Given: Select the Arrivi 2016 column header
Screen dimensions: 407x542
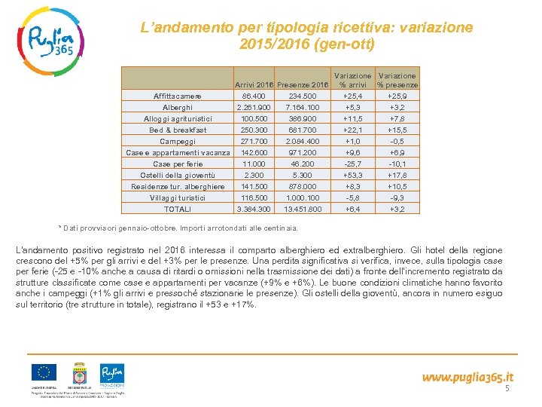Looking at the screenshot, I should tap(254, 85).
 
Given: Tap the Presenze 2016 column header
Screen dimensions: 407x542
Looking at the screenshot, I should tap(303, 85).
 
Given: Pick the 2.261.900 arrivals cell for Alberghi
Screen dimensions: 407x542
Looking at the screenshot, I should tap(254, 108).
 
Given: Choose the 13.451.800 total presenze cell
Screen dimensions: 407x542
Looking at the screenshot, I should tap(303, 209).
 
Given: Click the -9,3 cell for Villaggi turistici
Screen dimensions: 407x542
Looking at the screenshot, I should tap(397, 197).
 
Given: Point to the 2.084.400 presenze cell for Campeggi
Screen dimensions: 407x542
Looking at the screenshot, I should tap(303, 141).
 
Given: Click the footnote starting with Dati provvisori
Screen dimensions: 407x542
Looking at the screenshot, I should tap(181, 228).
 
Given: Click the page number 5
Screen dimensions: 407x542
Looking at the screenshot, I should tap(507, 389).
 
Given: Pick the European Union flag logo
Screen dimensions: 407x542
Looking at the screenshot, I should tap(43, 373).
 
